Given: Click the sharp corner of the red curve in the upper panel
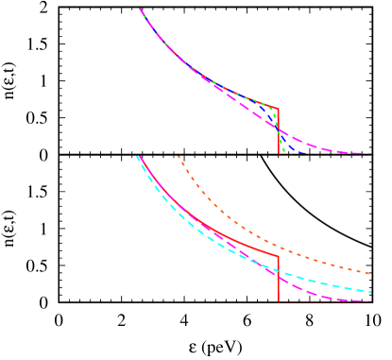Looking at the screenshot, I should point(278,109).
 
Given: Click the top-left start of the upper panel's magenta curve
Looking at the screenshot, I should point(141,9).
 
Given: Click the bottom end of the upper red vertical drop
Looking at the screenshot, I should point(279,153).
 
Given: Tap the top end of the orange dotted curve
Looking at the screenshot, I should point(178,156).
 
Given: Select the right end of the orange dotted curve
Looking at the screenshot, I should point(370,273).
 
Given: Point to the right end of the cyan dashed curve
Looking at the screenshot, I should point(370,290).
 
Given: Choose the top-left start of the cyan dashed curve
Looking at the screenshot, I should point(137,157).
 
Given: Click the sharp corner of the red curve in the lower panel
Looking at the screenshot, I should point(278,255).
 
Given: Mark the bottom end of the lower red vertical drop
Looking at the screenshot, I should point(279,301).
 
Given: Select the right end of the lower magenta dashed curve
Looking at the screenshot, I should point(370,302).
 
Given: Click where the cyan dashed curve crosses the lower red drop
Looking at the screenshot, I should point(279,270).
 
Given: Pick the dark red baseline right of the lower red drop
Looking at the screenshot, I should point(326,301).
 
